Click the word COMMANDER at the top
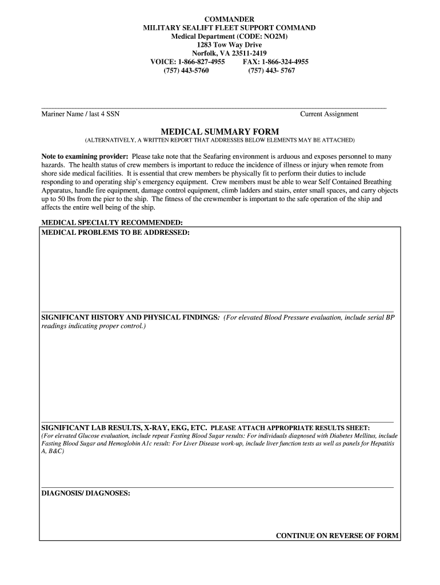tap(229, 19)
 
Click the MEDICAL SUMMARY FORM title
tap(219, 131)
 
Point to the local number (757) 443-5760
tap(186, 70)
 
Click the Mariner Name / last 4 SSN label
tap(80, 114)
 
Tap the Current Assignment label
tap(329, 114)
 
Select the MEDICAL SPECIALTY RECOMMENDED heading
tap(112, 222)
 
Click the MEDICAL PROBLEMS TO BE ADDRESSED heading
tap(115, 233)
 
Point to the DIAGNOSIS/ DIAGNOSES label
tap(86, 492)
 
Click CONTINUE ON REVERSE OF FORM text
tap(337, 536)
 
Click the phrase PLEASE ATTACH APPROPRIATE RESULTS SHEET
tap(290, 428)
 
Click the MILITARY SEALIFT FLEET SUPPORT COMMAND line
tap(229, 28)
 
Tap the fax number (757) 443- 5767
tap(271, 70)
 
